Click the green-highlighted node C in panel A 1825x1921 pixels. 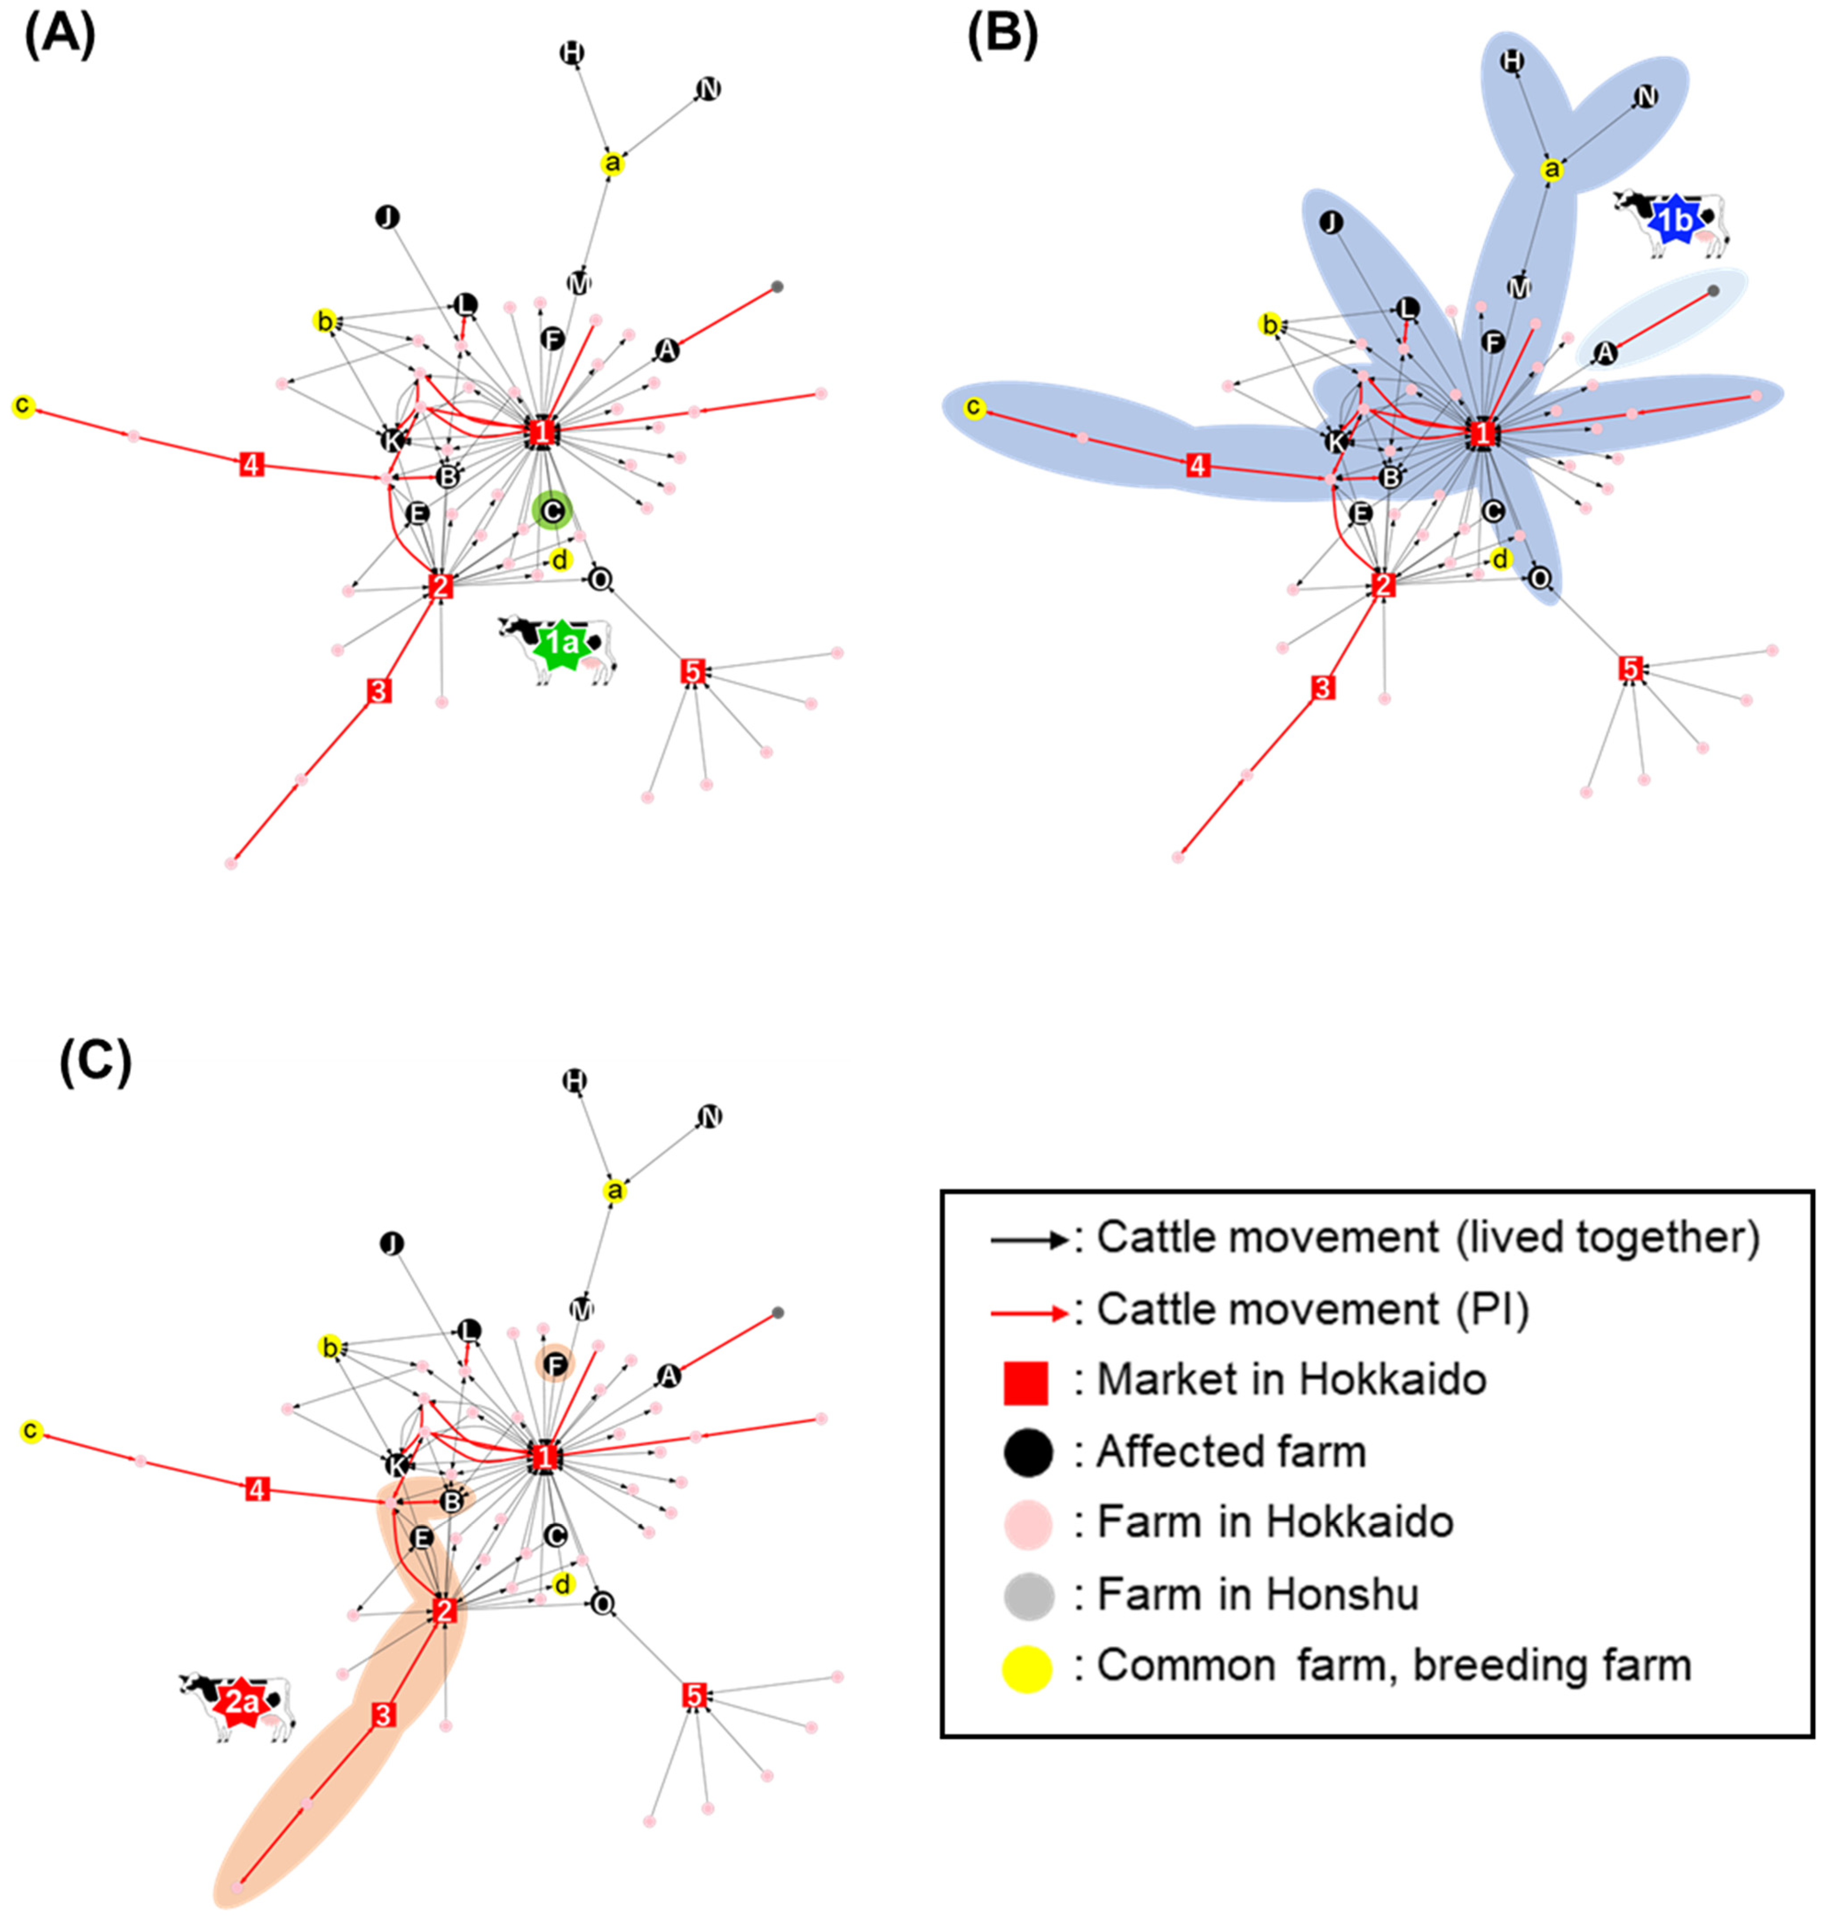tap(552, 510)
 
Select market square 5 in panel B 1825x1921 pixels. tap(1631, 668)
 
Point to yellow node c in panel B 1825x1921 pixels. tap(974, 409)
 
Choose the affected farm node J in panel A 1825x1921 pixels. tap(387, 217)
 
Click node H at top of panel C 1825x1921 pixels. tap(575, 1080)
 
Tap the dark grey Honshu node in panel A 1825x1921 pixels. tap(777, 287)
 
